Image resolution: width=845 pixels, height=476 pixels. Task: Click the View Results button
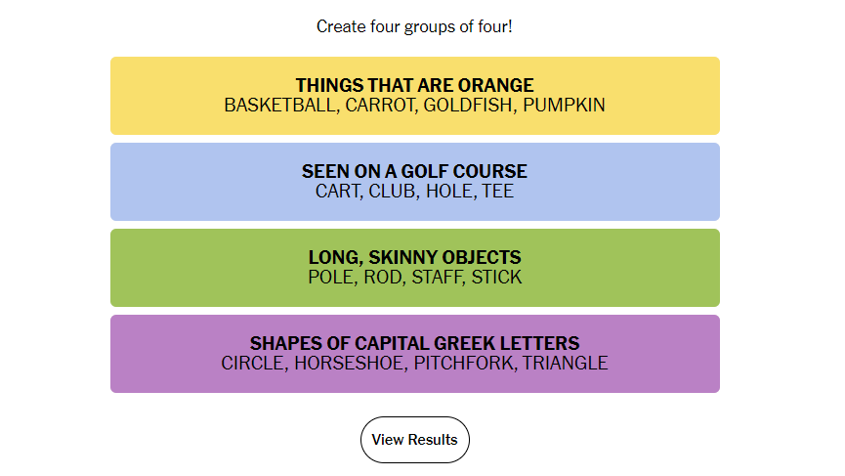[415, 440]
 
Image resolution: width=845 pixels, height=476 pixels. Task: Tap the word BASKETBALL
[281, 106]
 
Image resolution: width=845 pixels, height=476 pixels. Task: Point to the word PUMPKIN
[565, 106]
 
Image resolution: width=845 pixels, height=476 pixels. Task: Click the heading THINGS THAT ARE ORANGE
[415, 85]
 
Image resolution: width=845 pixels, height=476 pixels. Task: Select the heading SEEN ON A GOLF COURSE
[415, 171]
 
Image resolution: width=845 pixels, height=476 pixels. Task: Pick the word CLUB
[394, 192]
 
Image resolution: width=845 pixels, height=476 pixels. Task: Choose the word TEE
[498, 192]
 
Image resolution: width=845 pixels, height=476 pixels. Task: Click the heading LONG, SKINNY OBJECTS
[415, 257]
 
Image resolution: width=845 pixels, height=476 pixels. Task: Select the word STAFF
[438, 277]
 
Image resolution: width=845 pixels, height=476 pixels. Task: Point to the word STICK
[497, 277]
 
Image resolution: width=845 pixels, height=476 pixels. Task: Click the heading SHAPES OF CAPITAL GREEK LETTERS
[415, 343]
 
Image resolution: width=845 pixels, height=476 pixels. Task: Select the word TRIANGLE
[566, 364]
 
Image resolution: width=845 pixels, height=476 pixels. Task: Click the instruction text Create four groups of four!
[414, 26]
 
